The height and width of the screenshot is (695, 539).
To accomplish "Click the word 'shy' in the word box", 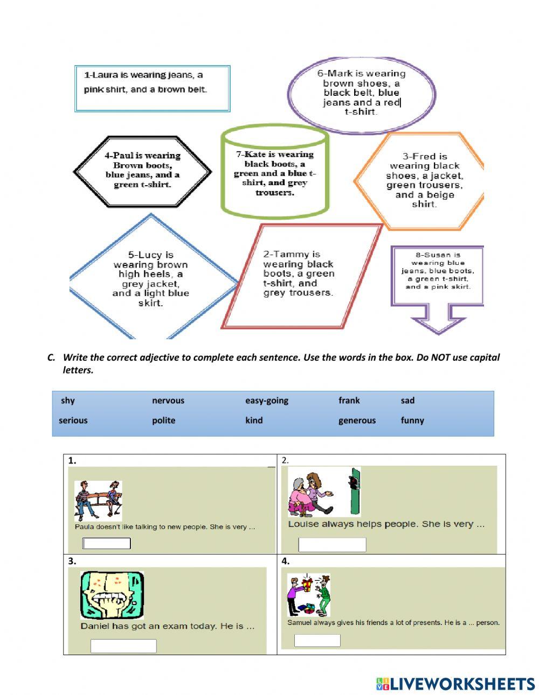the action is pyautogui.click(x=68, y=401).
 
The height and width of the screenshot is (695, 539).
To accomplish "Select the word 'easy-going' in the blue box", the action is pyautogui.click(x=267, y=401).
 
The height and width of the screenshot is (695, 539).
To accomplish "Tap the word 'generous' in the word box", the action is pyautogui.click(x=357, y=420).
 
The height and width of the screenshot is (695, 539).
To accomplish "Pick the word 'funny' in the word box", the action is pyautogui.click(x=412, y=420).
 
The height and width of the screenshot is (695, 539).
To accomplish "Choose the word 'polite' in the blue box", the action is pyautogui.click(x=163, y=420).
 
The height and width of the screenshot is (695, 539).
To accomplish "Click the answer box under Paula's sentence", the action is pyautogui.click(x=106, y=543).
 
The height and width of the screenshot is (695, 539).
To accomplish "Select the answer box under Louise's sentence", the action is pyautogui.click(x=332, y=544).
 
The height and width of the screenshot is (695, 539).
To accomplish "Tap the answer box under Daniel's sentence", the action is pyautogui.click(x=123, y=645).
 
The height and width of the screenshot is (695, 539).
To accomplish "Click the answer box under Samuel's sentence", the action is pyautogui.click(x=317, y=640).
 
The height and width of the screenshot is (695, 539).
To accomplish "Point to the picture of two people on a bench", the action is pyautogui.click(x=98, y=500).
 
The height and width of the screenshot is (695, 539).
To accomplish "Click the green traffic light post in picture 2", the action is pyautogui.click(x=354, y=492).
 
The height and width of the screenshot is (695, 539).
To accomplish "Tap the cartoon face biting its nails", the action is pyautogui.click(x=112, y=595).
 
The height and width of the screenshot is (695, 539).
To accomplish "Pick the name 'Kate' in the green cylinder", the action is pyautogui.click(x=255, y=155).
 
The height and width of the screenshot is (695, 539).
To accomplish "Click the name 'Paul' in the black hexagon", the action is pyautogui.click(x=123, y=156).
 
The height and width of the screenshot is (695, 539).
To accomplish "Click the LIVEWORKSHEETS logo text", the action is pyautogui.click(x=462, y=684).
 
